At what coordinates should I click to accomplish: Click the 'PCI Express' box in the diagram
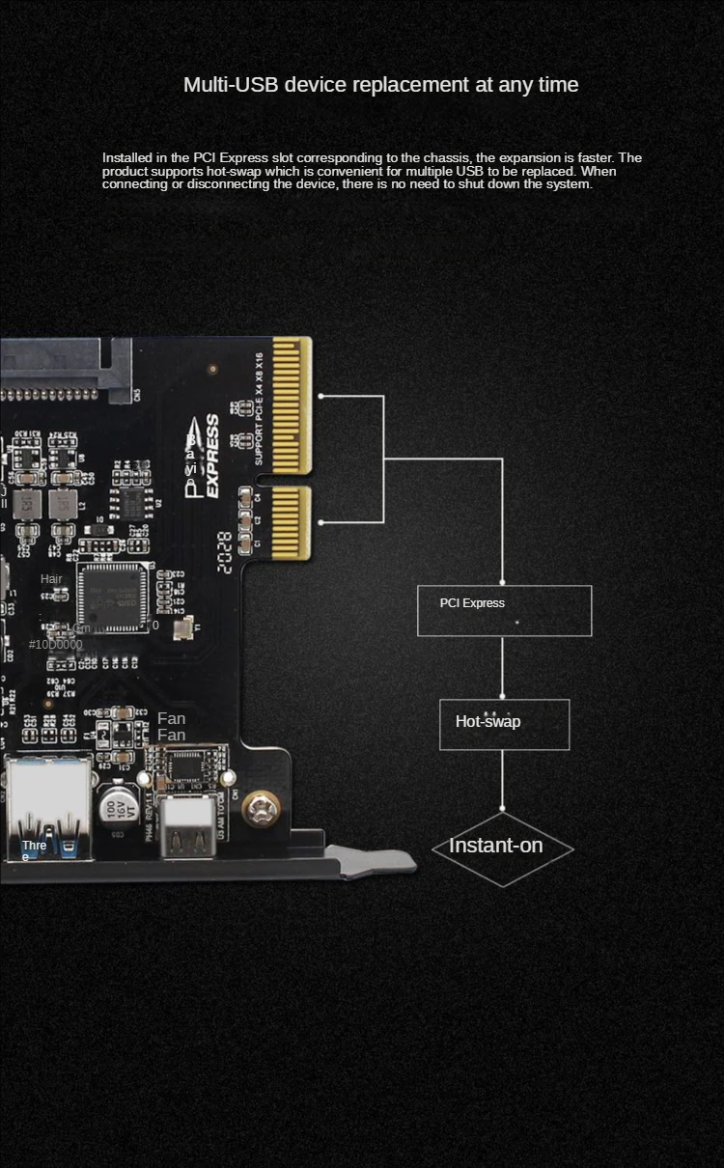[504, 610]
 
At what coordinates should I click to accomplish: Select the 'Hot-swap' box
[504, 724]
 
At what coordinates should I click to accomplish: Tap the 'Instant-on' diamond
[502, 848]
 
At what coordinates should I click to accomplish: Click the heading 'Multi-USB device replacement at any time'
[380, 85]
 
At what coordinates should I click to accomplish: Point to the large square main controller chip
[113, 598]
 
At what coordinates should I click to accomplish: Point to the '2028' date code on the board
[224, 552]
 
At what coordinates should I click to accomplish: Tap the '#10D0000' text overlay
[55, 645]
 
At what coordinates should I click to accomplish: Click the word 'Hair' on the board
[51, 579]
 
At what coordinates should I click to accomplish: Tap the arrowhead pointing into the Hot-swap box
[502, 695]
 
